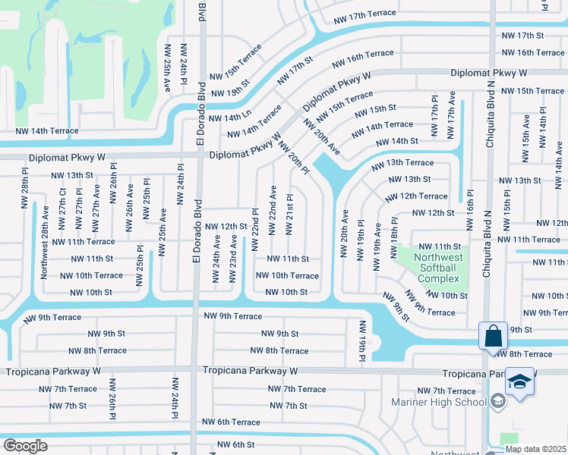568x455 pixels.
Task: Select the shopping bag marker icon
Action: [x=493, y=334]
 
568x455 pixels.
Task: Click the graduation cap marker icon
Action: [x=520, y=381]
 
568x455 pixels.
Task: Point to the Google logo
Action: [x=25, y=446]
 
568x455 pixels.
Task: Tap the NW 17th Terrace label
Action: [x=364, y=22]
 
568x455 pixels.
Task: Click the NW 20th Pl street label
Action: [x=293, y=157]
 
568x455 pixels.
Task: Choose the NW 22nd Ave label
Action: [x=273, y=205]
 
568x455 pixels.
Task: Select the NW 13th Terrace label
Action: [x=402, y=163]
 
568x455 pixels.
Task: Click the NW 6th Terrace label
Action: [x=231, y=422]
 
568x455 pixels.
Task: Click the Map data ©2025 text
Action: [x=536, y=449]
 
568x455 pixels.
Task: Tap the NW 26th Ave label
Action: [x=130, y=199]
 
